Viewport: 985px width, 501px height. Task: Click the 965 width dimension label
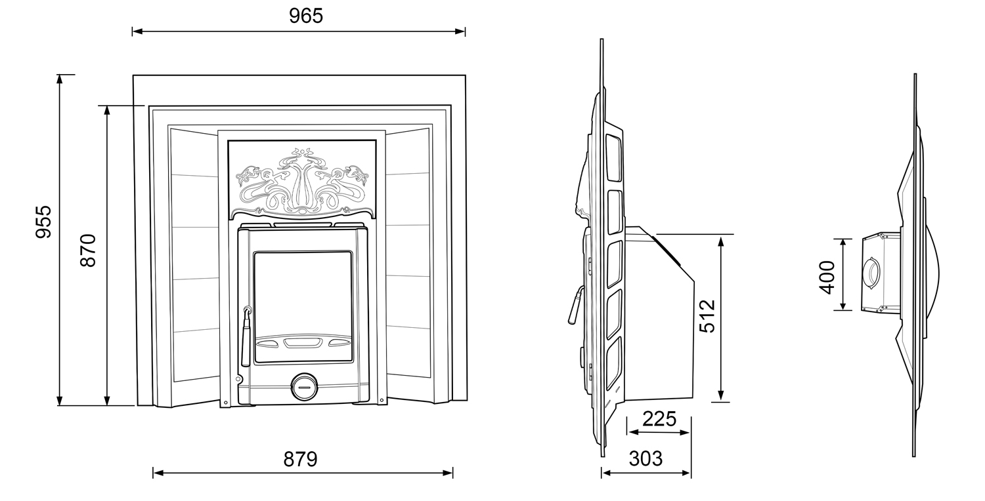[306, 16]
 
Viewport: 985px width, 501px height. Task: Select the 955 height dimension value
[43, 222]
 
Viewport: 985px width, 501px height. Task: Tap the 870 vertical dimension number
[88, 250]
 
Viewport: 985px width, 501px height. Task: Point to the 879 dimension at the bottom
[300, 459]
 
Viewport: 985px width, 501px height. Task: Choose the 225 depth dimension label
[659, 418]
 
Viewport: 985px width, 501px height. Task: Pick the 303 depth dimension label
[646, 459]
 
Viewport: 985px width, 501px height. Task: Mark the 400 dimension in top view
[827, 277]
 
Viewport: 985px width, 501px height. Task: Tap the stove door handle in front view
[246, 336]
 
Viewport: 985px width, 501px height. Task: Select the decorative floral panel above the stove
[302, 180]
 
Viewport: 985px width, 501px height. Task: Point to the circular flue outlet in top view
[873, 272]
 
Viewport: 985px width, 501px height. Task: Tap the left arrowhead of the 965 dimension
[136, 31]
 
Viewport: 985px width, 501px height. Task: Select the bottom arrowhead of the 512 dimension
[721, 395]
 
